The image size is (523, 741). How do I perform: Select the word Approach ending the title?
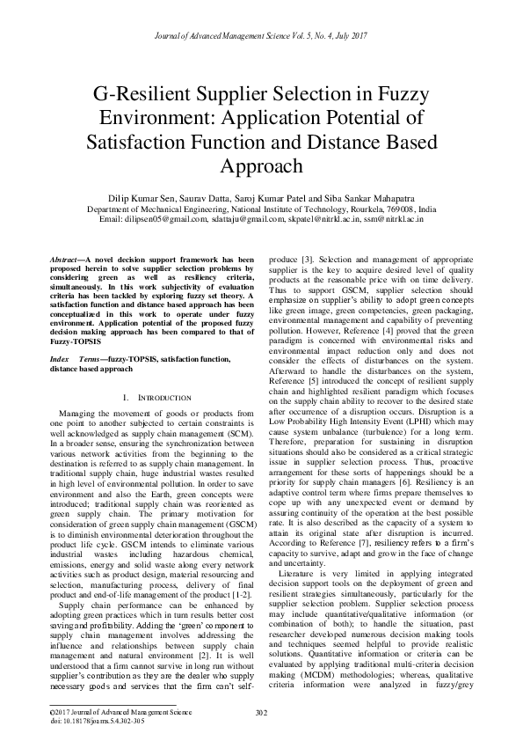(261, 165)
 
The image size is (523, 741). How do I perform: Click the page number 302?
(261, 712)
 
